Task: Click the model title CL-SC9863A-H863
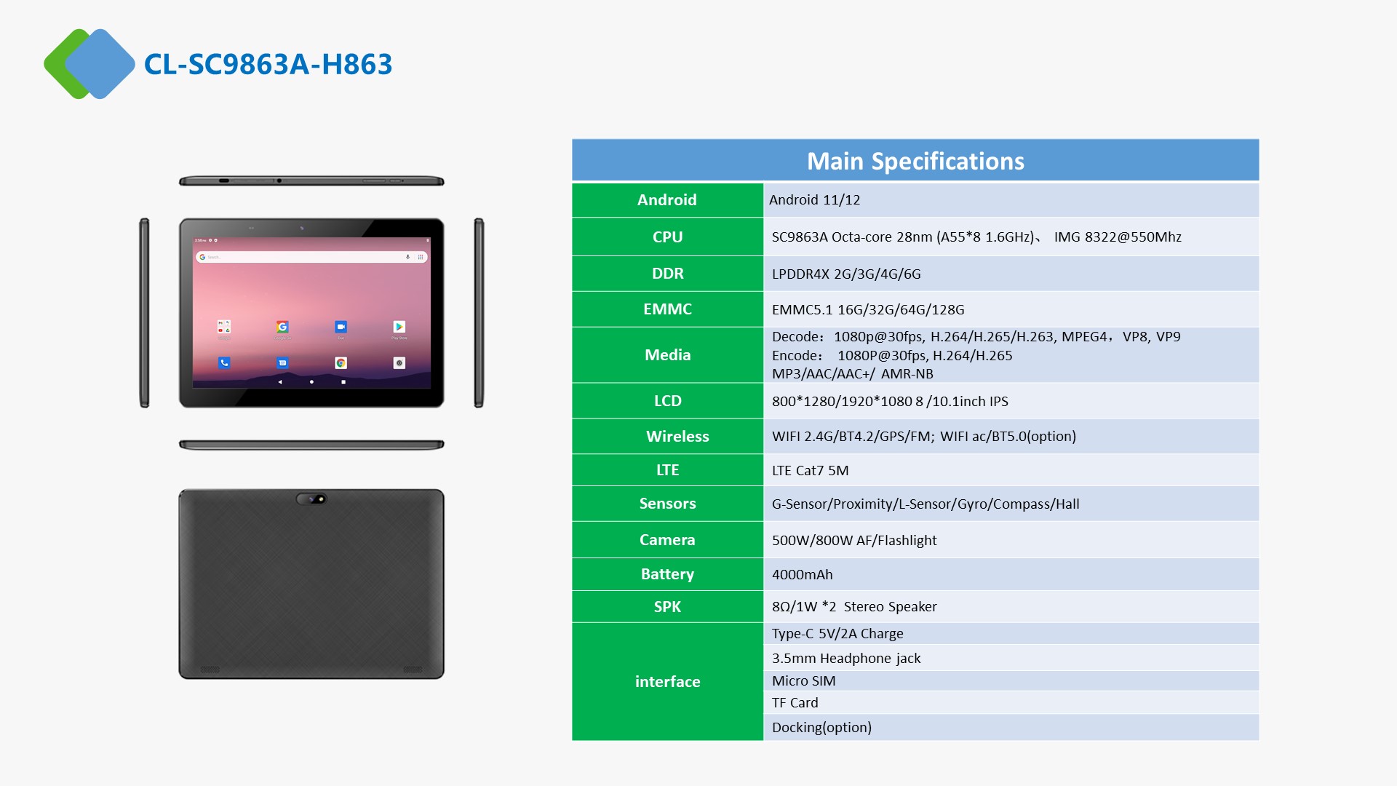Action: (268, 64)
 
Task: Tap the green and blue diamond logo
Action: (89, 64)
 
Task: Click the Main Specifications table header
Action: (915, 161)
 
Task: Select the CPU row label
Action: (667, 237)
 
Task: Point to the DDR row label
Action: (667, 274)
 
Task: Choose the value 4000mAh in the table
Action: (802, 574)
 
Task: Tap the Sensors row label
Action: (667, 504)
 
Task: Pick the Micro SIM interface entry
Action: (803, 680)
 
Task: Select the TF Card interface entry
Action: (795, 702)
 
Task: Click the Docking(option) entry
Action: (821, 727)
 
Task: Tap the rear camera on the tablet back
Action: (311, 499)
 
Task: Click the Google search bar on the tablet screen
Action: (311, 257)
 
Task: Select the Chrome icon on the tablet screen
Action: (341, 362)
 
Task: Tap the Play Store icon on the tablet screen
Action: (399, 327)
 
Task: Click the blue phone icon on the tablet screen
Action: (224, 362)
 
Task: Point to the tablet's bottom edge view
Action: (311, 445)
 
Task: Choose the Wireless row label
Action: (677, 436)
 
